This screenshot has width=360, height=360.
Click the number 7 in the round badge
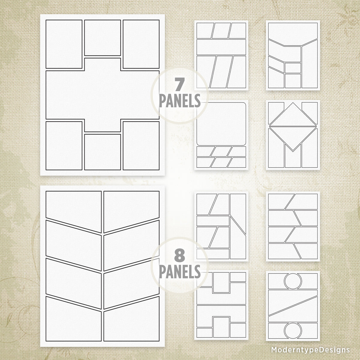pos(179,85)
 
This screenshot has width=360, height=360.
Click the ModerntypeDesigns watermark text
pos(310,349)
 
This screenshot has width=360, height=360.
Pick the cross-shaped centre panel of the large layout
pos(102,95)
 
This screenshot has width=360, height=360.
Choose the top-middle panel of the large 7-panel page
pos(102,37)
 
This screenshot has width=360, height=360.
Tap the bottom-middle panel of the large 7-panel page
pos(102,152)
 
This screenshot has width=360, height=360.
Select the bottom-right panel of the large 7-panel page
pos(141,145)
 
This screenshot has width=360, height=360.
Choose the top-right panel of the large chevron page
pos(131,207)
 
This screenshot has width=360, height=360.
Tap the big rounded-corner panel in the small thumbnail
pos(221,124)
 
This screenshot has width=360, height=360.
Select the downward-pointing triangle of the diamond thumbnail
pos(293,136)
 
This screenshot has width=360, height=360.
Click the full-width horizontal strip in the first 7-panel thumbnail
pos(221,47)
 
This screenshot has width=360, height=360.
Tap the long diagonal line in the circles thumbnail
pos(293,305)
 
